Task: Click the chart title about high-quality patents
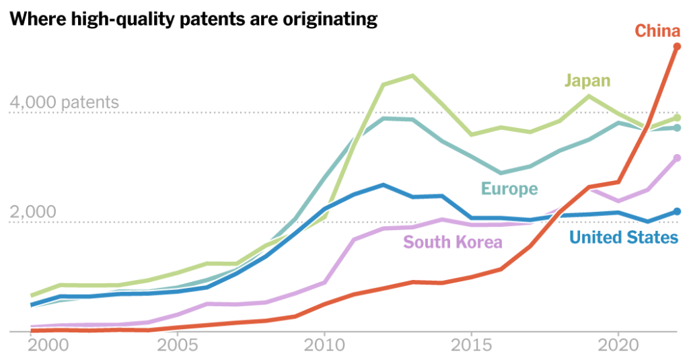coord(192,19)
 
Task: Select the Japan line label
coord(587,81)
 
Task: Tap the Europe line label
coord(509,189)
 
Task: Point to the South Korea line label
coord(453,242)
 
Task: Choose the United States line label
coord(623,237)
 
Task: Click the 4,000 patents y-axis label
coord(64,103)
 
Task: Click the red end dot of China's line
coord(677,46)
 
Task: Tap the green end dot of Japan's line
coord(677,118)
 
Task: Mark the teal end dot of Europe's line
coord(677,128)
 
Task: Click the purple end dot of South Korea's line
coord(677,158)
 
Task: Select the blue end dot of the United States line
coord(677,211)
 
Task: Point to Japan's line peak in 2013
coord(412,75)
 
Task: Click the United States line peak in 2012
coord(383,184)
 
